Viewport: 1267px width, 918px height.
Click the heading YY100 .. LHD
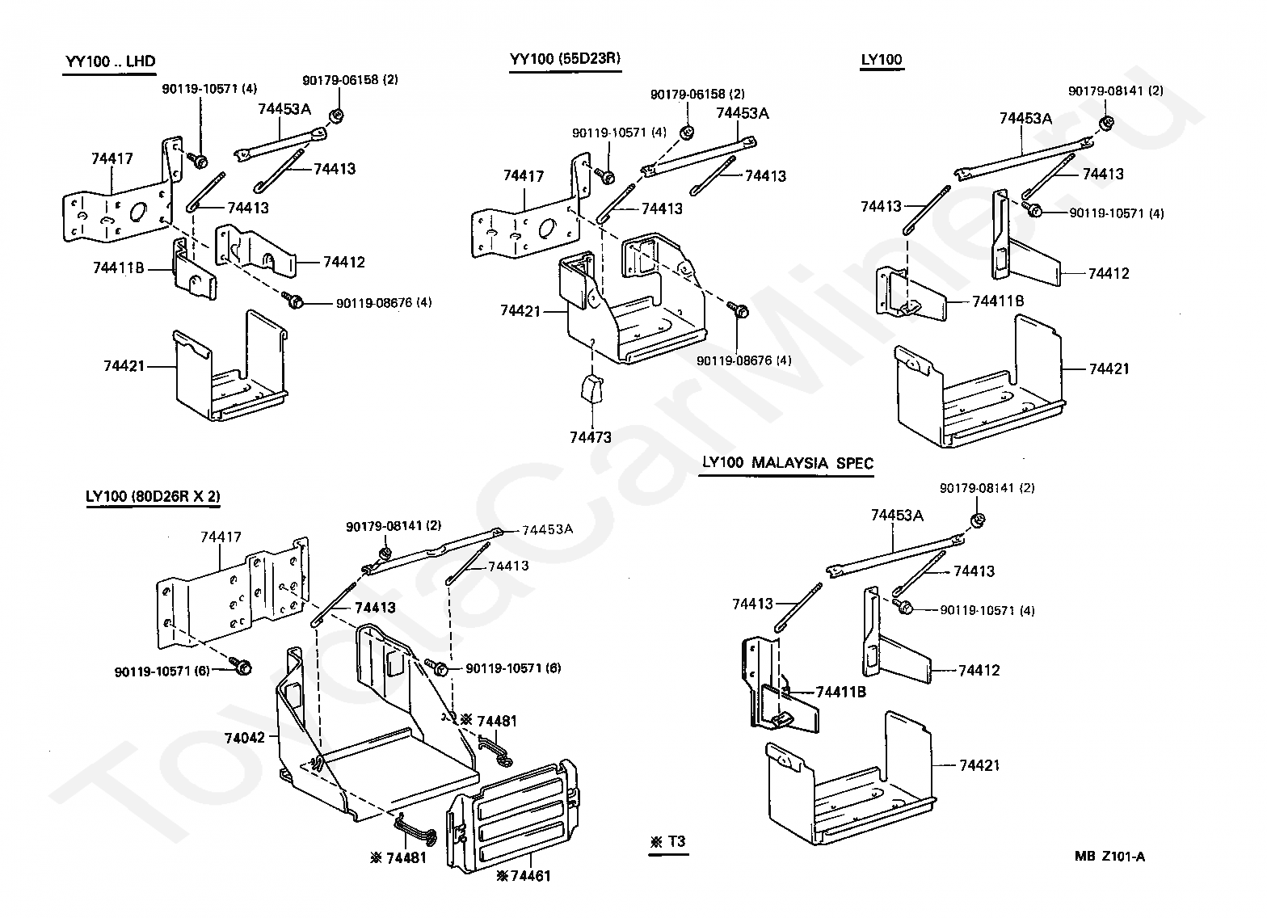pos(110,61)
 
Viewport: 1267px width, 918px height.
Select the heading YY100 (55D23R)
pos(565,58)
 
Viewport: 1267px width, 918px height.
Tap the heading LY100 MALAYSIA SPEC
pos(787,463)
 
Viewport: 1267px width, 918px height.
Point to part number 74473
pos(591,437)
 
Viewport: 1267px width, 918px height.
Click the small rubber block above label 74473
pos(591,389)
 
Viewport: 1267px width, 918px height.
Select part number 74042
pos(246,737)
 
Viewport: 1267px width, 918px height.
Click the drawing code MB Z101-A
pos(1109,857)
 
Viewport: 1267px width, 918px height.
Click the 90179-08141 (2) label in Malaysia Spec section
pos(987,488)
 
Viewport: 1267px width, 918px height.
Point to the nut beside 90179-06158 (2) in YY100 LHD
pos(336,115)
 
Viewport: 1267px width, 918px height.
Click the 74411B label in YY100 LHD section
pos(117,267)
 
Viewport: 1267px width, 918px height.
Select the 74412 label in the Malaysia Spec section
pos(979,670)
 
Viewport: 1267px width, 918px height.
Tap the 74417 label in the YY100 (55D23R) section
pos(524,175)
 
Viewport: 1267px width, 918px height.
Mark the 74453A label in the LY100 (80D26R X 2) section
pos(547,529)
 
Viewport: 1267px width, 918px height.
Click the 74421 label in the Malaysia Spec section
pos(979,764)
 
